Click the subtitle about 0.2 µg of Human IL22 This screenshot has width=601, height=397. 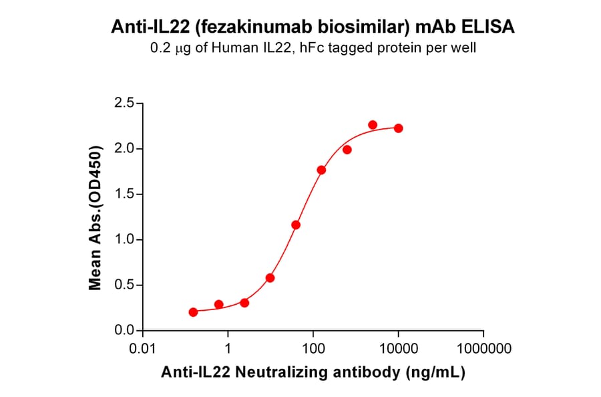[311, 49]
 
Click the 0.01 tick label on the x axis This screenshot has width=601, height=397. [142, 349]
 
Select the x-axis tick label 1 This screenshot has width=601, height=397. [228, 349]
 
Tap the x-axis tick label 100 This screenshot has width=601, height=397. [313, 349]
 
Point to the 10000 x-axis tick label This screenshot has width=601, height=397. [399, 349]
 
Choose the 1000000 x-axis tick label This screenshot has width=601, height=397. [483, 349]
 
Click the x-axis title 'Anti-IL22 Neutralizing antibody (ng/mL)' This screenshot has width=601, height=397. [313, 373]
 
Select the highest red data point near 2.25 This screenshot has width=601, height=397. [373, 125]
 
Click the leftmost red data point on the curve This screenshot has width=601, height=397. [193, 312]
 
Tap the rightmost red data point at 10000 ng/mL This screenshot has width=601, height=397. [398, 128]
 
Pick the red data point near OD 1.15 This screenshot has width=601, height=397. [296, 225]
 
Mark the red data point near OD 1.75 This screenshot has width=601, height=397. [321, 170]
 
